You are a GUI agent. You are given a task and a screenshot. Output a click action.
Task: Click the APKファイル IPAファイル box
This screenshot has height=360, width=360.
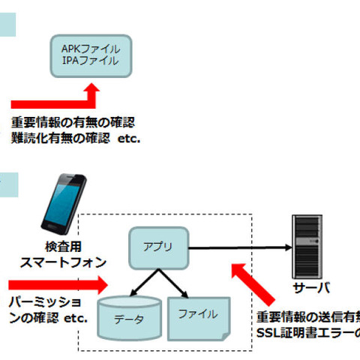click(90, 55)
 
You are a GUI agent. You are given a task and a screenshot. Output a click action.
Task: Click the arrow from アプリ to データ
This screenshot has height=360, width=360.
click(137, 283)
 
